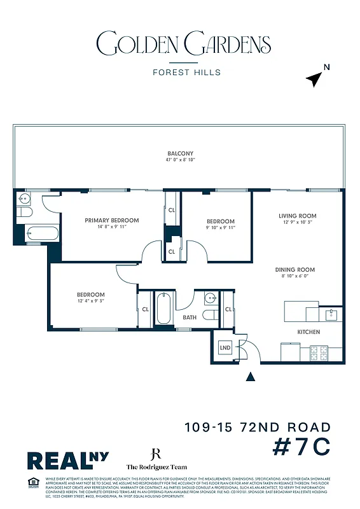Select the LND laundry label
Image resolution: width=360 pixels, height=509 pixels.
pos(225,348)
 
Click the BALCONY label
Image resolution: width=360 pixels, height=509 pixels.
pos(180,153)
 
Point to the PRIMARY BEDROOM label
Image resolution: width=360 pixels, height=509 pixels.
pos(112,220)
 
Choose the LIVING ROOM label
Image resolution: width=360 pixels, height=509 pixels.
pos(297,216)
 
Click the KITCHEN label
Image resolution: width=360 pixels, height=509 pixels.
pos(309,331)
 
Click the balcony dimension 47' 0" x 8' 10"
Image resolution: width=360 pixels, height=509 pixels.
pos(180,160)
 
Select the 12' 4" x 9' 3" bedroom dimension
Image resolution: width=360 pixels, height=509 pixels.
pos(91,301)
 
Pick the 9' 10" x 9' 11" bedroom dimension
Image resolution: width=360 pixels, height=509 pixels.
pos(220,227)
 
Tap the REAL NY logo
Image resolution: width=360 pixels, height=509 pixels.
pos(67,460)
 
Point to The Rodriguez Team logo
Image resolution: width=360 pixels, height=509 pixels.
pos(154,460)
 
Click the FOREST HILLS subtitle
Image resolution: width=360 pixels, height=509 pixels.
pos(186,72)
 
